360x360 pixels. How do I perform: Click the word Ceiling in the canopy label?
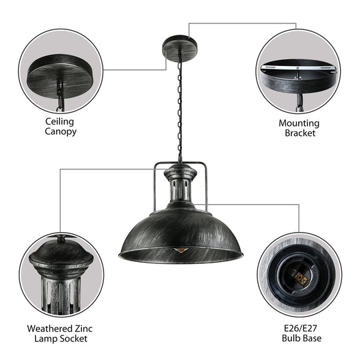pos(60,121)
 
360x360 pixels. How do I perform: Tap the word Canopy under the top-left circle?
pos(60,131)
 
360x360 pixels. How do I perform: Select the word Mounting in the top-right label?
pos(299,123)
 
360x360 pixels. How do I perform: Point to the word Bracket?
pos(299,133)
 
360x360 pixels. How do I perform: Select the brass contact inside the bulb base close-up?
pos(300,278)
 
